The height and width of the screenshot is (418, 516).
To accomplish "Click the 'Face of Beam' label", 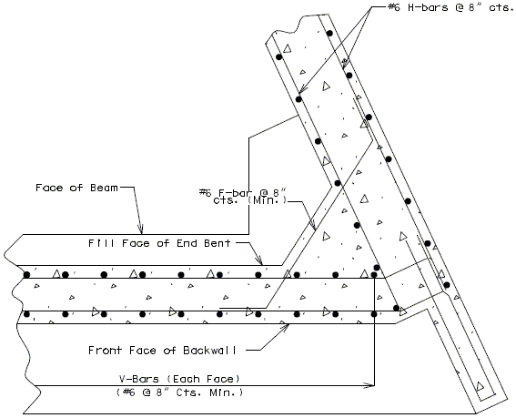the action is click(76, 188).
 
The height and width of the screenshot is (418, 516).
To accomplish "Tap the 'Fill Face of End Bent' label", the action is click(159, 243).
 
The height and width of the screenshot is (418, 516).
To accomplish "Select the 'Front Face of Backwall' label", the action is click(162, 350).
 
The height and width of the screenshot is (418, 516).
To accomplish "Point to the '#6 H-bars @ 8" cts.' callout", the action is click(451, 7).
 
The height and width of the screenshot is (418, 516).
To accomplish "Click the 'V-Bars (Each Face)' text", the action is click(179, 379).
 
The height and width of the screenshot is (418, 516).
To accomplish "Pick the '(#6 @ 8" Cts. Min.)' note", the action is click(179, 393).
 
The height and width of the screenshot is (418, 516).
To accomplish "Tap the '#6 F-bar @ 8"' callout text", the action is click(243, 192).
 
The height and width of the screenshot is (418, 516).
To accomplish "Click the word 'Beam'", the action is click(104, 188).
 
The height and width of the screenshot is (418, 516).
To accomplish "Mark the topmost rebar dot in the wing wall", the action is click(329, 33).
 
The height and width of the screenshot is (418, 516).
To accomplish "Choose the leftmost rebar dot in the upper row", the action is click(26, 275).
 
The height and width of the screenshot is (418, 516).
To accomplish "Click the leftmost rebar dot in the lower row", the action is click(26, 314).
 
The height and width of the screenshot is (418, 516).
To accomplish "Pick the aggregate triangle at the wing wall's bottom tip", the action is click(481, 386).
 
